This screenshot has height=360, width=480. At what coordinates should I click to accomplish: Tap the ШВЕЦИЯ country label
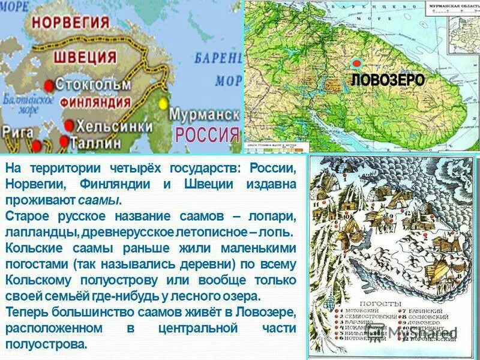click(85, 56)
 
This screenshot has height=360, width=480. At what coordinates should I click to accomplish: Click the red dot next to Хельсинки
click(69, 125)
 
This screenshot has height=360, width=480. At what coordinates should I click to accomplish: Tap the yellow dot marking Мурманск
click(162, 103)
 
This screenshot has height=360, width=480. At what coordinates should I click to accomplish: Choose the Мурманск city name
click(205, 113)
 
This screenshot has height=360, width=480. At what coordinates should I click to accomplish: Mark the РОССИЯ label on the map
click(206, 133)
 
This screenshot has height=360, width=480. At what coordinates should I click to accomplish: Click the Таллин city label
click(96, 143)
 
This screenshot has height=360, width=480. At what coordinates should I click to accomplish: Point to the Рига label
click(17, 130)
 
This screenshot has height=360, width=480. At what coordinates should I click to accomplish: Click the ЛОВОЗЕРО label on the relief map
click(388, 80)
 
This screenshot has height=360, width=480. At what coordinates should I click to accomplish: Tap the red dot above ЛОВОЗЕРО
click(356, 63)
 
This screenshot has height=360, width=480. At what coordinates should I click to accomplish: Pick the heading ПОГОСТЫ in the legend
click(375, 304)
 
